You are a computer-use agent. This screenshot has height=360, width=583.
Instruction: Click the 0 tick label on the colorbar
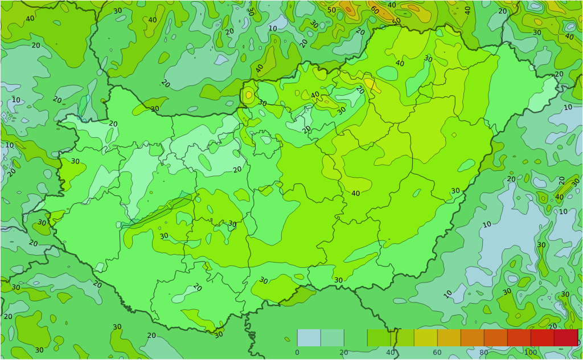point(297,353)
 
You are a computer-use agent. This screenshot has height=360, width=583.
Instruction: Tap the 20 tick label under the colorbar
point(343,353)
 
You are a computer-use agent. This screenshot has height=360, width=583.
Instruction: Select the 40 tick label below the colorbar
point(391,353)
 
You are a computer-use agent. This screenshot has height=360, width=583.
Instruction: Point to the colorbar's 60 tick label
point(437,353)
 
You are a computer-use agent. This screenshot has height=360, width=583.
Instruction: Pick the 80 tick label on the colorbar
point(483,353)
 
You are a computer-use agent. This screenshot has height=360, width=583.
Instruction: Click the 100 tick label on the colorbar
point(531,353)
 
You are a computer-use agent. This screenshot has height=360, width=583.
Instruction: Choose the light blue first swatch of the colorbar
point(309,338)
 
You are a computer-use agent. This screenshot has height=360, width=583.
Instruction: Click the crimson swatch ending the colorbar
point(566,338)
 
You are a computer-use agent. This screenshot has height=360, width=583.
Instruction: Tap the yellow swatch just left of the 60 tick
point(425,338)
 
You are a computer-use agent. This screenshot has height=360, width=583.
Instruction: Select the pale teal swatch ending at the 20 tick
point(332,338)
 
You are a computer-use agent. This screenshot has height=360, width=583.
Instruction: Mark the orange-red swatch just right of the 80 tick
point(495,338)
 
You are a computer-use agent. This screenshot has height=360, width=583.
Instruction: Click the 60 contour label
point(374,10)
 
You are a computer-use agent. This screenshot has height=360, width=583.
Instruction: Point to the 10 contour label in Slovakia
point(273,28)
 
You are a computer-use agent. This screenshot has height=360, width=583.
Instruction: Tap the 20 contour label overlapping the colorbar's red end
point(552,326)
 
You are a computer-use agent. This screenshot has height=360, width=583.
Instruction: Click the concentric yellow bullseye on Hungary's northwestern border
point(249,95)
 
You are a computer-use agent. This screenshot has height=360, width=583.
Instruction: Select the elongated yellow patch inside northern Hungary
point(371,84)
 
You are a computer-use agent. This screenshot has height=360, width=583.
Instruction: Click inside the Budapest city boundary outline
point(266,142)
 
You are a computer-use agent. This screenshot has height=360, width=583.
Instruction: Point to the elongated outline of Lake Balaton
point(157,211)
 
